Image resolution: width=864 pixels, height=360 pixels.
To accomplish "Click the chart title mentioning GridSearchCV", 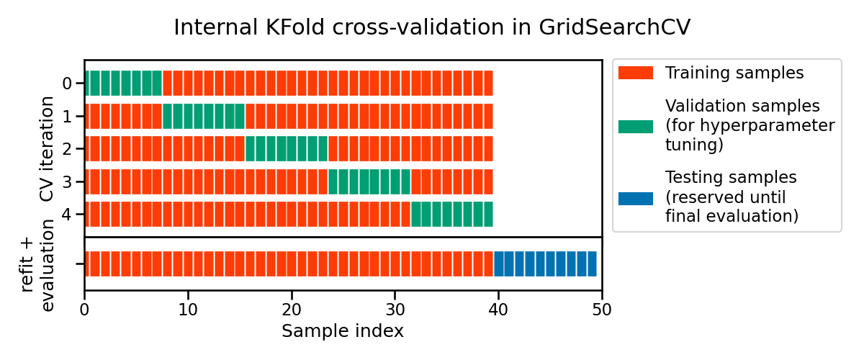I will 432,27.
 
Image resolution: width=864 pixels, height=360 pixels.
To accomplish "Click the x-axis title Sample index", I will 342,331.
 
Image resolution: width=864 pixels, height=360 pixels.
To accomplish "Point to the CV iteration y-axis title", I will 47,149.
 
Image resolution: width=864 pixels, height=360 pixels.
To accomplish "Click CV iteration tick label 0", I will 67,84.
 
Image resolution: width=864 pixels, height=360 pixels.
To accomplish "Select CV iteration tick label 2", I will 67,149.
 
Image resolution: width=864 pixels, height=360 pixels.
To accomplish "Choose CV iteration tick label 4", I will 67,215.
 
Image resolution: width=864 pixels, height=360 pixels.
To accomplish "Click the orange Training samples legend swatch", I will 635,73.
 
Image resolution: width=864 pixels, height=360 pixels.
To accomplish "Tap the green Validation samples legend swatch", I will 635,126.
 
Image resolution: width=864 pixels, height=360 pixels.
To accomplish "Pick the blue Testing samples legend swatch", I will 635,197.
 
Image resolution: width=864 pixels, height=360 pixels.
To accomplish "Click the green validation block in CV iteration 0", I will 124,84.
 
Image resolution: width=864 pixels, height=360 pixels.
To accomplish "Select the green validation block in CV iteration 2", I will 287,149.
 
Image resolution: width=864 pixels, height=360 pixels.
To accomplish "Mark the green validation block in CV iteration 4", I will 452,215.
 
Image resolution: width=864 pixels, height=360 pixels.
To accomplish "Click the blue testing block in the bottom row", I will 545,264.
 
